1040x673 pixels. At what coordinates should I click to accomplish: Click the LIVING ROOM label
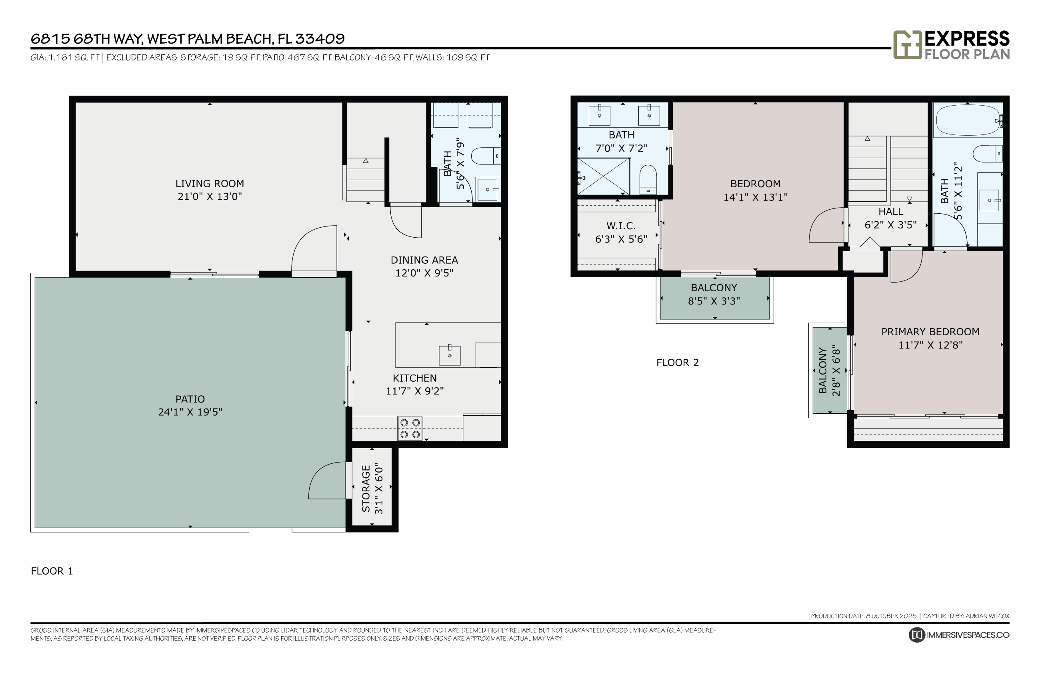pyautogui.click(x=209, y=184)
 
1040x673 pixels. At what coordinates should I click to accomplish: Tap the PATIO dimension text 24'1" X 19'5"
pyautogui.click(x=190, y=412)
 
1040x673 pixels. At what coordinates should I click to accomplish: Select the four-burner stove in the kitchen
pyautogui.click(x=410, y=428)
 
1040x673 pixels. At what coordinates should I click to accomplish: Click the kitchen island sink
pyautogui.click(x=450, y=355)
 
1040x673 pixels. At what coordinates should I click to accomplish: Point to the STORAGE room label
pyautogui.click(x=366, y=489)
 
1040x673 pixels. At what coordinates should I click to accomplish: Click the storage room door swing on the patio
pyautogui.click(x=328, y=481)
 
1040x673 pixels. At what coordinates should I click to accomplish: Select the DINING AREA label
pyautogui.click(x=424, y=260)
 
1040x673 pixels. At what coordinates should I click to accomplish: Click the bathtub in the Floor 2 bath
pyautogui.click(x=968, y=119)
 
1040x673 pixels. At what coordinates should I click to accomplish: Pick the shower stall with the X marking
pyautogui.click(x=603, y=176)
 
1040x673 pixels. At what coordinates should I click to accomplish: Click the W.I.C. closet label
pyautogui.click(x=621, y=226)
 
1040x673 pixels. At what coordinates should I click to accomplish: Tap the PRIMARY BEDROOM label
pyautogui.click(x=930, y=332)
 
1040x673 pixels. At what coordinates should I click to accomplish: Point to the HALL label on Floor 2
pyautogui.click(x=891, y=212)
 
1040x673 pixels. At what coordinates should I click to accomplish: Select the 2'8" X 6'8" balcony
pyautogui.click(x=829, y=370)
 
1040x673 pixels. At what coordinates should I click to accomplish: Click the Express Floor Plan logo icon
pyautogui.click(x=907, y=44)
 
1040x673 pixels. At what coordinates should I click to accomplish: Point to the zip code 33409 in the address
pyautogui.click(x=320, y=39)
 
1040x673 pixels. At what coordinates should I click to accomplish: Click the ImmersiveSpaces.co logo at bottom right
pyautogui.click(x=958, y=635)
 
